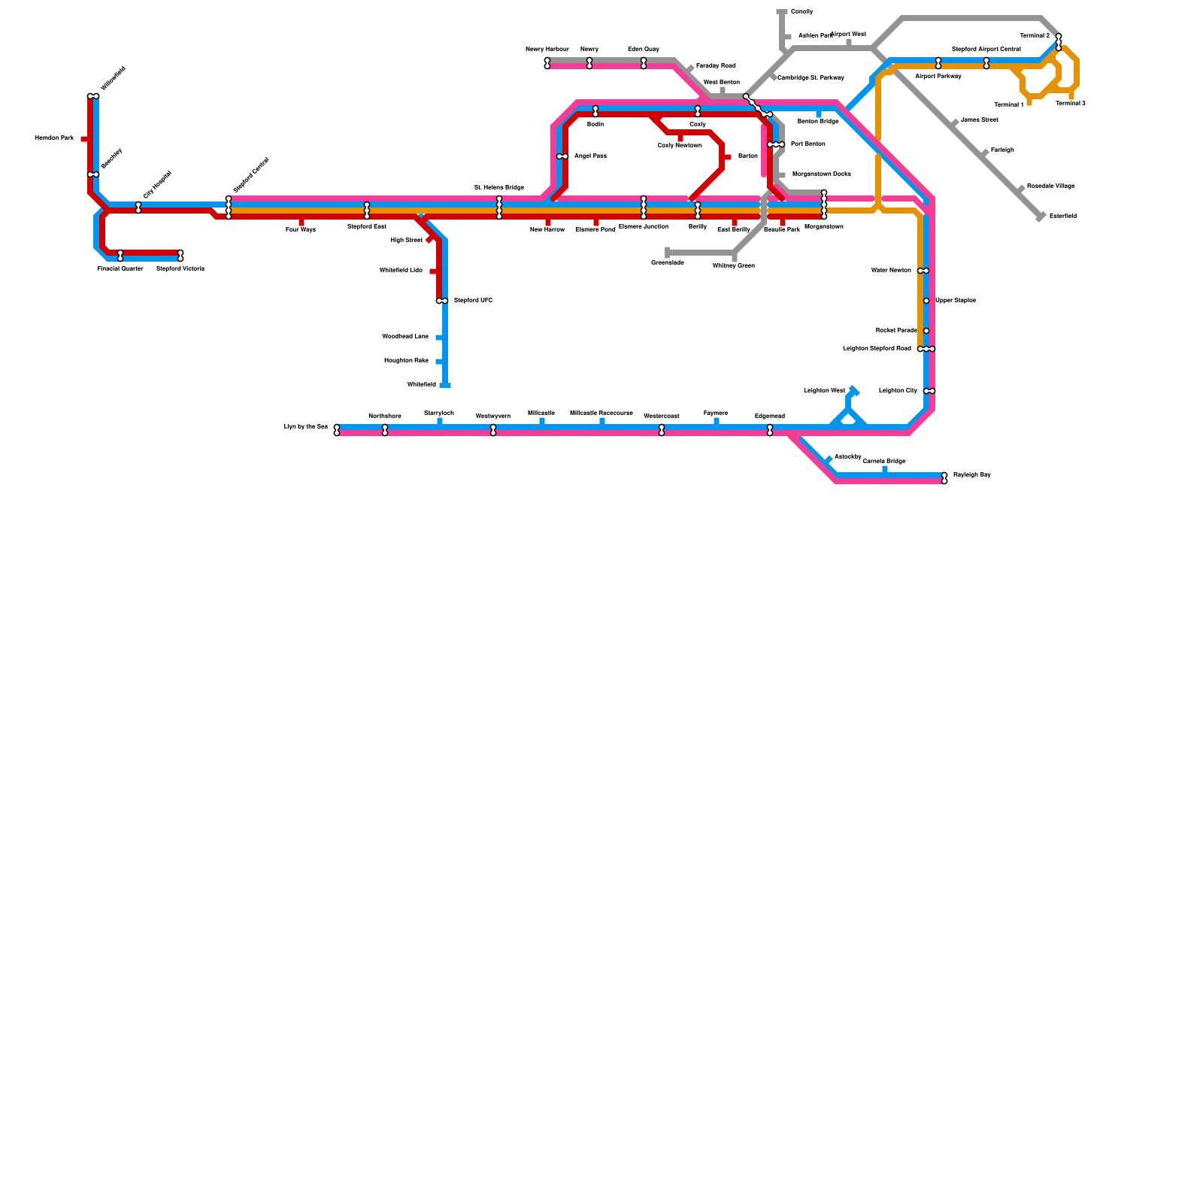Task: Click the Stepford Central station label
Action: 250,174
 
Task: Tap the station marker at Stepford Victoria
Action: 180,256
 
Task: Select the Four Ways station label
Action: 301,229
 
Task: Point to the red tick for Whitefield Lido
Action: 434,271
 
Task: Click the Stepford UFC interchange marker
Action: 442,301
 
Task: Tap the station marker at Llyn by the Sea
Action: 337,430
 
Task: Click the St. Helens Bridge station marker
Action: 499,208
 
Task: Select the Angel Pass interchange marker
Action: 562,156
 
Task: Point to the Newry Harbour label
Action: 547,49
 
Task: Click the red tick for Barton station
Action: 727,156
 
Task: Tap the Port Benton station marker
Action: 776,144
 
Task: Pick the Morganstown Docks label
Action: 821,174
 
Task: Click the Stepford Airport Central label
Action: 986,49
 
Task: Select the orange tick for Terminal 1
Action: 1029,102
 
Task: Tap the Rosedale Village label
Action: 1050,186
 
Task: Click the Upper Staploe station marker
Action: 926,301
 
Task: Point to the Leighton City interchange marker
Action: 929,391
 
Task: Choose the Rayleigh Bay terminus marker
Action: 944,478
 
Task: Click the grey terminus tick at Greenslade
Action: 667,253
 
